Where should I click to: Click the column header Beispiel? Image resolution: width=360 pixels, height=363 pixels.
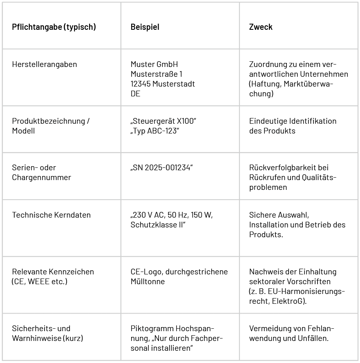[145, 27]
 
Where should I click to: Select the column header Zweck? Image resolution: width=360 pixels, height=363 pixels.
[261, 27]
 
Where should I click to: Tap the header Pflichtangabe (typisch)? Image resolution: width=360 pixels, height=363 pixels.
[54, 27]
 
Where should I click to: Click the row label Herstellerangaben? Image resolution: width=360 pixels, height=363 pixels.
[45, 65]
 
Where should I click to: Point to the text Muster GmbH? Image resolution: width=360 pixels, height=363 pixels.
[154, 65]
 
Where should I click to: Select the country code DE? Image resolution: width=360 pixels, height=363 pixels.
[135, 94]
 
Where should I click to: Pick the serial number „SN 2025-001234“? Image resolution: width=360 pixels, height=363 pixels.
[161, 168]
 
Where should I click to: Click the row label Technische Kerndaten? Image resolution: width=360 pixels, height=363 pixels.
[51, 215]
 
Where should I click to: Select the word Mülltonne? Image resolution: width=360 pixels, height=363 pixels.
[148, 282]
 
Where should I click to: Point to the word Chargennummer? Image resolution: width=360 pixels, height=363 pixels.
[41, 178]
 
